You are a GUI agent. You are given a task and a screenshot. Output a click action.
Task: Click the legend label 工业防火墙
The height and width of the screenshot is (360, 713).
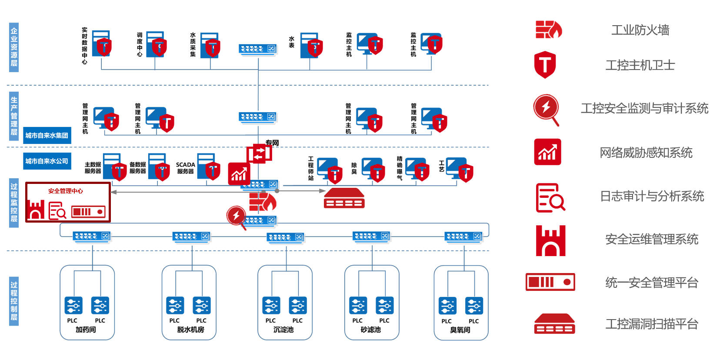click(x=640, y=30)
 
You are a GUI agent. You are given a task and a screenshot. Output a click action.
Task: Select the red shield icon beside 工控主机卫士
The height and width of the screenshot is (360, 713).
click(x=545, y=64)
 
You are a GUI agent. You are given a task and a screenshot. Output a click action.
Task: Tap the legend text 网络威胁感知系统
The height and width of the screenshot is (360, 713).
click(x=646, y=153)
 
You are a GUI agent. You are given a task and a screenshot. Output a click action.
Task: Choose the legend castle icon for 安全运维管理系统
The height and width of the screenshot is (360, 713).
click(x=550, y=240)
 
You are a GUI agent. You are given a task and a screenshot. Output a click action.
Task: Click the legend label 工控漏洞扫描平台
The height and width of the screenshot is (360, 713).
click(x=652, y=324)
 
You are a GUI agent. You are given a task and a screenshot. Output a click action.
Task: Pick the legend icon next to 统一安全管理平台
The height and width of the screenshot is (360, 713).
click(x=550, y=282)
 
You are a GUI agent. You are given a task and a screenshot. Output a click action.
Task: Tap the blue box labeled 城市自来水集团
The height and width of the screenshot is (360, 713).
click(x=47, y=135)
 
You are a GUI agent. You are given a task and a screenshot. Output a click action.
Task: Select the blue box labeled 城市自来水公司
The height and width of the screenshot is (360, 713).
click(x=47, y=161)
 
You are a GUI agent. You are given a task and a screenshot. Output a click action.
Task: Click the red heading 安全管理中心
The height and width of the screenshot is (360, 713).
click(x=66, y=191)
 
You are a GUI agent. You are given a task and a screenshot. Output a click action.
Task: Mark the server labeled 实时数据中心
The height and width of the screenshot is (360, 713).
click(x=101, y=43)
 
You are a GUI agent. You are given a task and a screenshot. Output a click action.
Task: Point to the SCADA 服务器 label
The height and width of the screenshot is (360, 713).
click(x=185, y=168)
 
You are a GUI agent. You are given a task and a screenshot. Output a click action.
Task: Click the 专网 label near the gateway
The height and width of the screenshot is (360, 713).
click(x=272, y=143)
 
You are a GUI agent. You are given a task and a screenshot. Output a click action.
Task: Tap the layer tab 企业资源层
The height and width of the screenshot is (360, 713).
click(x=14, y=47)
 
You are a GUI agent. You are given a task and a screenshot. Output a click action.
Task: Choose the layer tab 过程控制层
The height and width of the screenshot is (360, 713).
click(x=14, y=301)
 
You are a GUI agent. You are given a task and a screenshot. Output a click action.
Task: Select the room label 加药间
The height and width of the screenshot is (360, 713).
click(x=86, y=330)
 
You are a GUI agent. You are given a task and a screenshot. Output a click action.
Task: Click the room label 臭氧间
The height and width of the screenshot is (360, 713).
click(x=460, y=330)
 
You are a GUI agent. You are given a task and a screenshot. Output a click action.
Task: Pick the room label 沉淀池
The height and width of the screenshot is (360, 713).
click(x=283, y=330)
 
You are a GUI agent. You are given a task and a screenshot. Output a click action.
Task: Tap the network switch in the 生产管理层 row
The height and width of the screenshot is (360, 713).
click(x=257, y=117)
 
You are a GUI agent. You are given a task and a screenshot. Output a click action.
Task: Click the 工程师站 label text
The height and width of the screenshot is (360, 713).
click(x=310, y=168)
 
